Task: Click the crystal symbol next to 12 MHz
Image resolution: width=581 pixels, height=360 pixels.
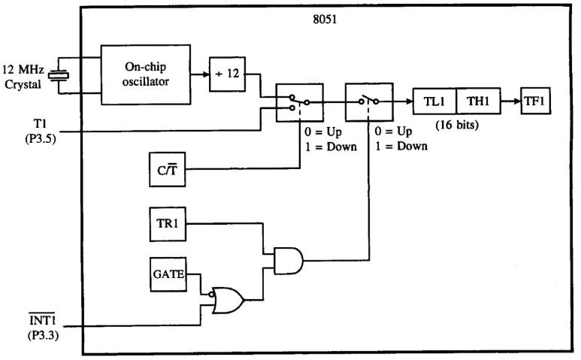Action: point(63,74)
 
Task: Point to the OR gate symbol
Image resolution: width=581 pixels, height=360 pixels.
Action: point(226,300)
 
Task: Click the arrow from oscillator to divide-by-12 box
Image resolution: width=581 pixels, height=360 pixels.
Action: point(197,74)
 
